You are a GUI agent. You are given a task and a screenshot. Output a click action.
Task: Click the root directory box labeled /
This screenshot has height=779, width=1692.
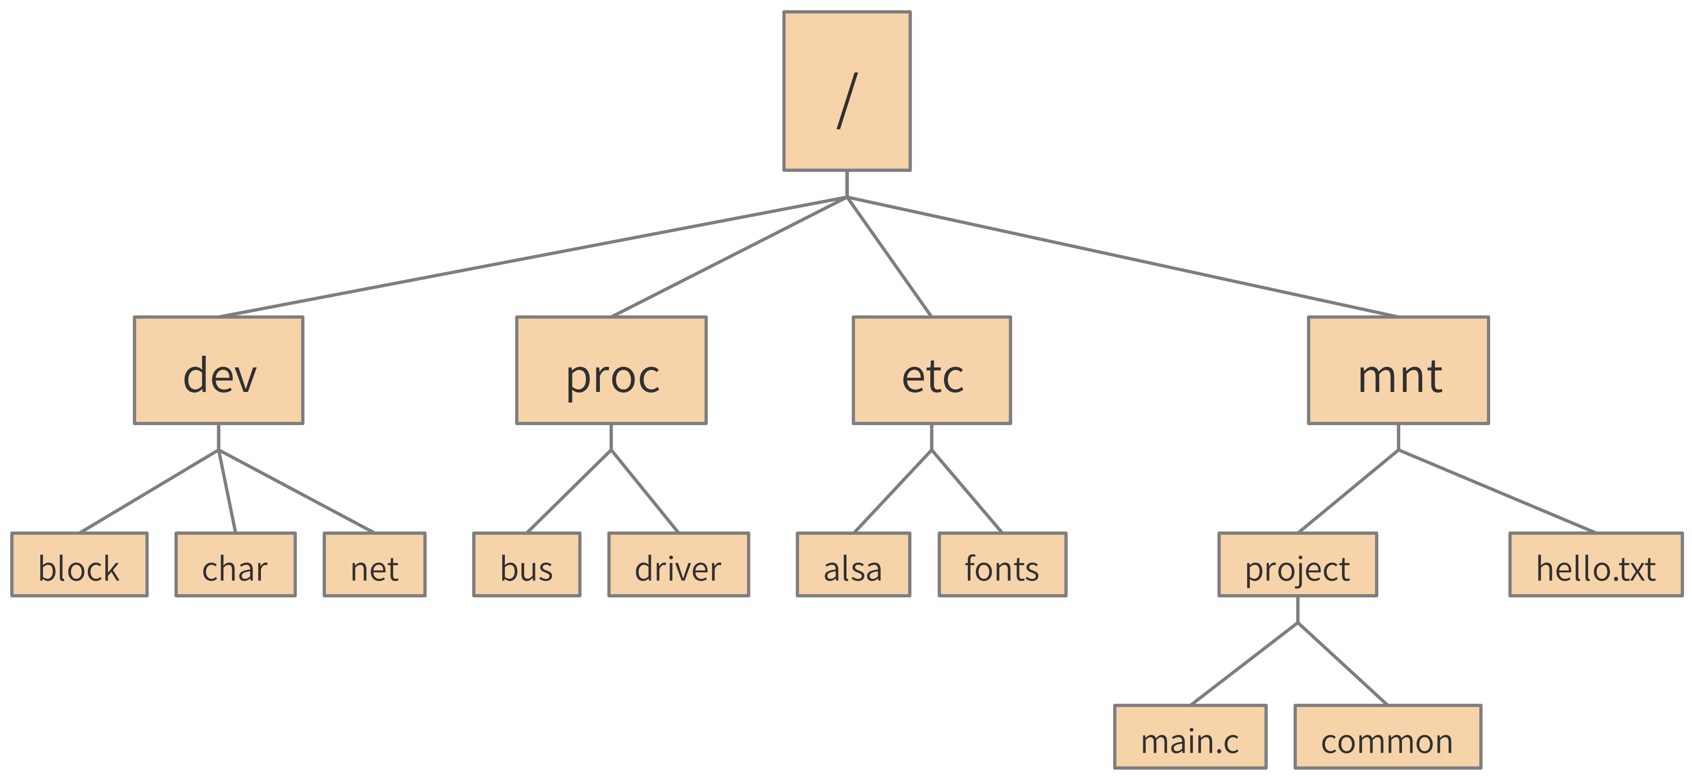pyautogui.click(x=846, y=91)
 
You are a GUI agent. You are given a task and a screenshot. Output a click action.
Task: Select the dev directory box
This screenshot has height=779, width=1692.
pyautogui.click(x=219, y=370)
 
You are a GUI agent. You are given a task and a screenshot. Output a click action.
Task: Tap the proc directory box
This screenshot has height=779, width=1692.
pyautogui.click(x=611, y=370)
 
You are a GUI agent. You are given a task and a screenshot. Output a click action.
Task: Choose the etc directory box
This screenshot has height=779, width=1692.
pyautogui.click(x=931, y=370)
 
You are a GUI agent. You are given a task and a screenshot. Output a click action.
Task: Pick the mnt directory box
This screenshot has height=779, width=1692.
pyautogui.click(x=1398, y=370)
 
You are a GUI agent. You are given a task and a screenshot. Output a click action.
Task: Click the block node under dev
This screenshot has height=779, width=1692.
pyautogui.click(x=80, y=564)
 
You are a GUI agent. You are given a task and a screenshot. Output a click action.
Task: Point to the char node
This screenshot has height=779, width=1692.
pyautogui.click(x=235, y=564)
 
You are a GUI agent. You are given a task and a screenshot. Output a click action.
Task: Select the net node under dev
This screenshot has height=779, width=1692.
pyautogui.click(x=374, y=564)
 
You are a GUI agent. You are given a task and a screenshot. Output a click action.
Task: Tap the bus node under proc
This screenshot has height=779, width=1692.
pyautogui.click(x=527, y=564)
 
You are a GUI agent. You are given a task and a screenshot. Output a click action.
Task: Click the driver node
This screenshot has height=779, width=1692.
pyautogui.click(x=679, y=564)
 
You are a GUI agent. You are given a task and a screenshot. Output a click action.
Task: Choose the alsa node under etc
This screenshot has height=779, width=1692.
pyautogui.click(x=853, y=564)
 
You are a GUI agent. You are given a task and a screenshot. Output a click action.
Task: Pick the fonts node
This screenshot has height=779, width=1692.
pyautogui.click(x=1002, y=564)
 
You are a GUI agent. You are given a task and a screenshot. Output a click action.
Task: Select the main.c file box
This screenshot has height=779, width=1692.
pyautogui.click(x=1190, y=737)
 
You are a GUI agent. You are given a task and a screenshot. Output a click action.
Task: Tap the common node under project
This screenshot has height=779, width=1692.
pyautogui.click(x=1387, y=737)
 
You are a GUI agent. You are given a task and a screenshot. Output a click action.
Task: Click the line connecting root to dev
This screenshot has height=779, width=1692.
pyautogui.click(x=532, y=257)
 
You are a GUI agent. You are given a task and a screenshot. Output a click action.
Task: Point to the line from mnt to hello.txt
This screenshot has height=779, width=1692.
pyautogui.click(x=1498, y=491)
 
